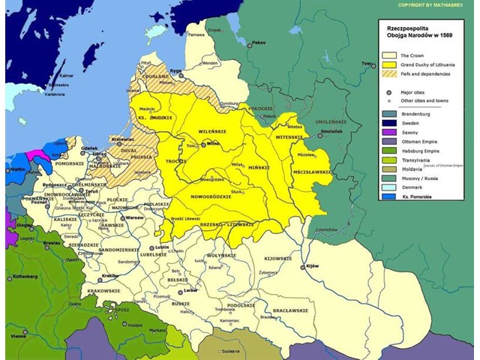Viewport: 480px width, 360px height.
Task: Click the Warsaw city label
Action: (x=135, y=217)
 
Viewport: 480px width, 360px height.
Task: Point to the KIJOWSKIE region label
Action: (x=277, y=258)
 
